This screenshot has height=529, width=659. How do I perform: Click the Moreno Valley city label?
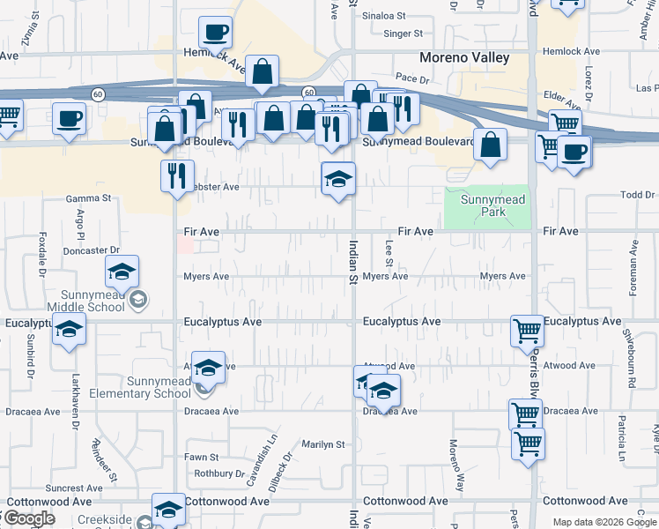(464, 58)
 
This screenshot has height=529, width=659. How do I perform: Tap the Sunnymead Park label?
(492, 205)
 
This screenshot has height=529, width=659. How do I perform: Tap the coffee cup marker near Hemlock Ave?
(215, 34)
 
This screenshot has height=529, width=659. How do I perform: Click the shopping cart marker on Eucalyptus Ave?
(527, 332)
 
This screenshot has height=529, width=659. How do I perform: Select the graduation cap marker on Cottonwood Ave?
(168, 509)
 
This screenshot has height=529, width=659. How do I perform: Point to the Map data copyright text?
(603, 522)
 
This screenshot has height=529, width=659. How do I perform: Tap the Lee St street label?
(389, 251)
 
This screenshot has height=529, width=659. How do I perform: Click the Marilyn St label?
(323, 444)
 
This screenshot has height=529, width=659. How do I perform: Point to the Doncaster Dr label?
(92, 251)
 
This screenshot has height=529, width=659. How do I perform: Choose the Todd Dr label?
(638, 194)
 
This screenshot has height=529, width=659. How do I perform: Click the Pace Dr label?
(411, 78)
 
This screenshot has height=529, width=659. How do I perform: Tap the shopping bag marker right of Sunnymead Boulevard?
(490, 145)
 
